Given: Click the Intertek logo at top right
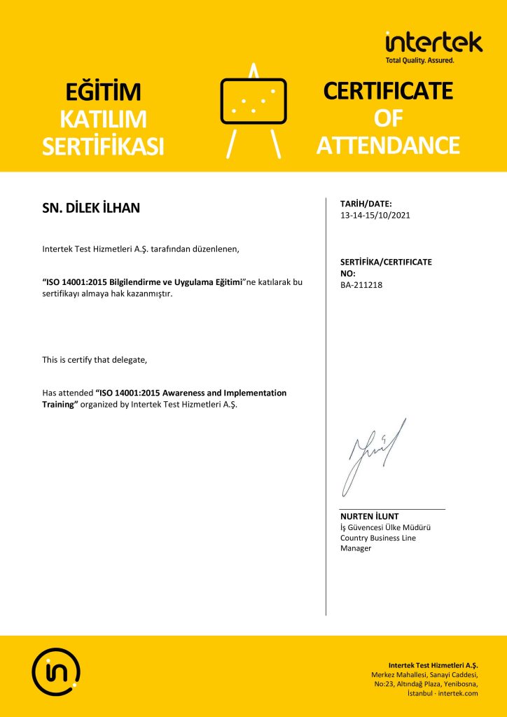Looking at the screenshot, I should coord(433,43).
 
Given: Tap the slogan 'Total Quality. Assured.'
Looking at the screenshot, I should coord(419,60).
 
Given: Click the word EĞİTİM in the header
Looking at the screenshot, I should coord(103,92).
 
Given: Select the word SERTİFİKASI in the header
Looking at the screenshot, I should coord(103,146).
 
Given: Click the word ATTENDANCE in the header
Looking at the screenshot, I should coord(388,146).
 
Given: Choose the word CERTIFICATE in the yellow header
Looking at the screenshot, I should coord(388,91).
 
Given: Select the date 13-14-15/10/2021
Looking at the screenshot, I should coord(375,215).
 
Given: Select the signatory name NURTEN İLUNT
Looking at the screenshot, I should coord(369,517).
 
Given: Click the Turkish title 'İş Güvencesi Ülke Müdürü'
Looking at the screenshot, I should coord(384,527).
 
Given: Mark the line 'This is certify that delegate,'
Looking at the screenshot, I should coord(95,360).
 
